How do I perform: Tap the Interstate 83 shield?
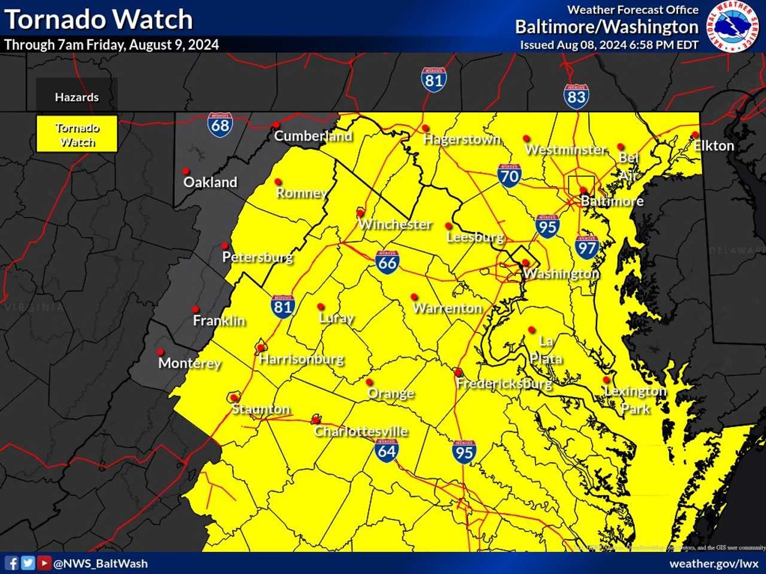pyautogui.click(x=576, y=96)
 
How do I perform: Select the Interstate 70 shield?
pyautogui.click(x=509, y=175)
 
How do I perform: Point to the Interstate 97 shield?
pyautogui.click(x=586, y=247)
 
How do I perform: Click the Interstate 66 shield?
pyautogui.click(x=387, y=262)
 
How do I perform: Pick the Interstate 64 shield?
pyautogui.click(x=387, y=450)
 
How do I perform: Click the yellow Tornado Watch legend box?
pyautogui.click(x=77, y=134)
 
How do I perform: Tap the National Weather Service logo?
pyautogui.click(x=733, y=26)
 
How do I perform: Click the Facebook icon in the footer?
pyautogui.click(x=11, y=563)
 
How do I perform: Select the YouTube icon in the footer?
pyautogui.click(x=44, y=563)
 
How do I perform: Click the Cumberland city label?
pyautogui.click(x=313, y=136)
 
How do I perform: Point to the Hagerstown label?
pyautogui.click(x=461, y=139)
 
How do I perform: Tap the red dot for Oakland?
pyautogui.click(x=186, y=171)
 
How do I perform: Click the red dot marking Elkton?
pyautogui.click(x=695, y=135)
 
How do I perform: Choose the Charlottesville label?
pyautogui.click(x=361, y=431)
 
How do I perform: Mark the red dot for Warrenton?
pyautogui.click(x=414, y=297)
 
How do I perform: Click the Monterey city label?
pyautogui.click(x=190, y=363)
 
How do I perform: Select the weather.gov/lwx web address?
pyautogui.click(x=713, y=563)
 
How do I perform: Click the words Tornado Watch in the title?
pyautogui.click(x=99, y=19)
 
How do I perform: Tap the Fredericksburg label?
pyautogui.click(x=504, y=383)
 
